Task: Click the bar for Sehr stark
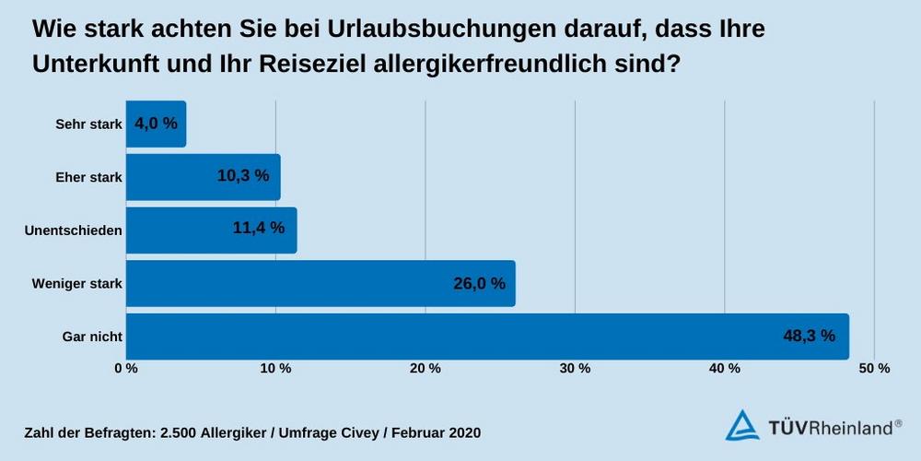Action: (156, 124)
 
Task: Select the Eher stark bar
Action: (203, 176)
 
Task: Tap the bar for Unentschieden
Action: (211, 230)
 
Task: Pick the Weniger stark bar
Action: (320, 283)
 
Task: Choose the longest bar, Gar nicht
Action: (486, 336)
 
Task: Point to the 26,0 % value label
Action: (479, 283)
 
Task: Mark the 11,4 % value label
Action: (259, 229)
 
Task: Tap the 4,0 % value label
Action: (156, 124)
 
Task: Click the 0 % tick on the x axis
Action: (126, 369)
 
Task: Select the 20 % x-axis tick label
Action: (426, 369)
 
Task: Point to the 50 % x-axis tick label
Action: (875, 369)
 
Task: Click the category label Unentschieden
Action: (74, 230)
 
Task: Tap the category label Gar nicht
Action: (93, 337)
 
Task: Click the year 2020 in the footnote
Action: (461, 431)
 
